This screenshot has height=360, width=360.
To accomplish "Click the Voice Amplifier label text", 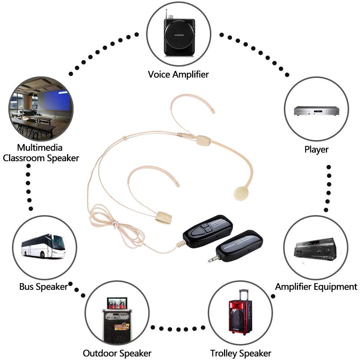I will click(x=178, y=75).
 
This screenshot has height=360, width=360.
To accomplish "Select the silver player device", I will click(x=316, y=111).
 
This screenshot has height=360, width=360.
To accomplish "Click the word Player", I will click(x=316, y=149).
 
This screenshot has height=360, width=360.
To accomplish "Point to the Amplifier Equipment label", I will click(x=316, y=287).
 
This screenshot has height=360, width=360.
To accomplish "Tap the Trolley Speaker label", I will click(x=240, y=353).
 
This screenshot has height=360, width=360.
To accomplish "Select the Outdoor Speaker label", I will click(x=117, y=353).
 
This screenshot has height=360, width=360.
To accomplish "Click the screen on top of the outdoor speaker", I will click(x=117, y=302).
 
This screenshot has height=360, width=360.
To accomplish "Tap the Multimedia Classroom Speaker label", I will click(x=41, y=153).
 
